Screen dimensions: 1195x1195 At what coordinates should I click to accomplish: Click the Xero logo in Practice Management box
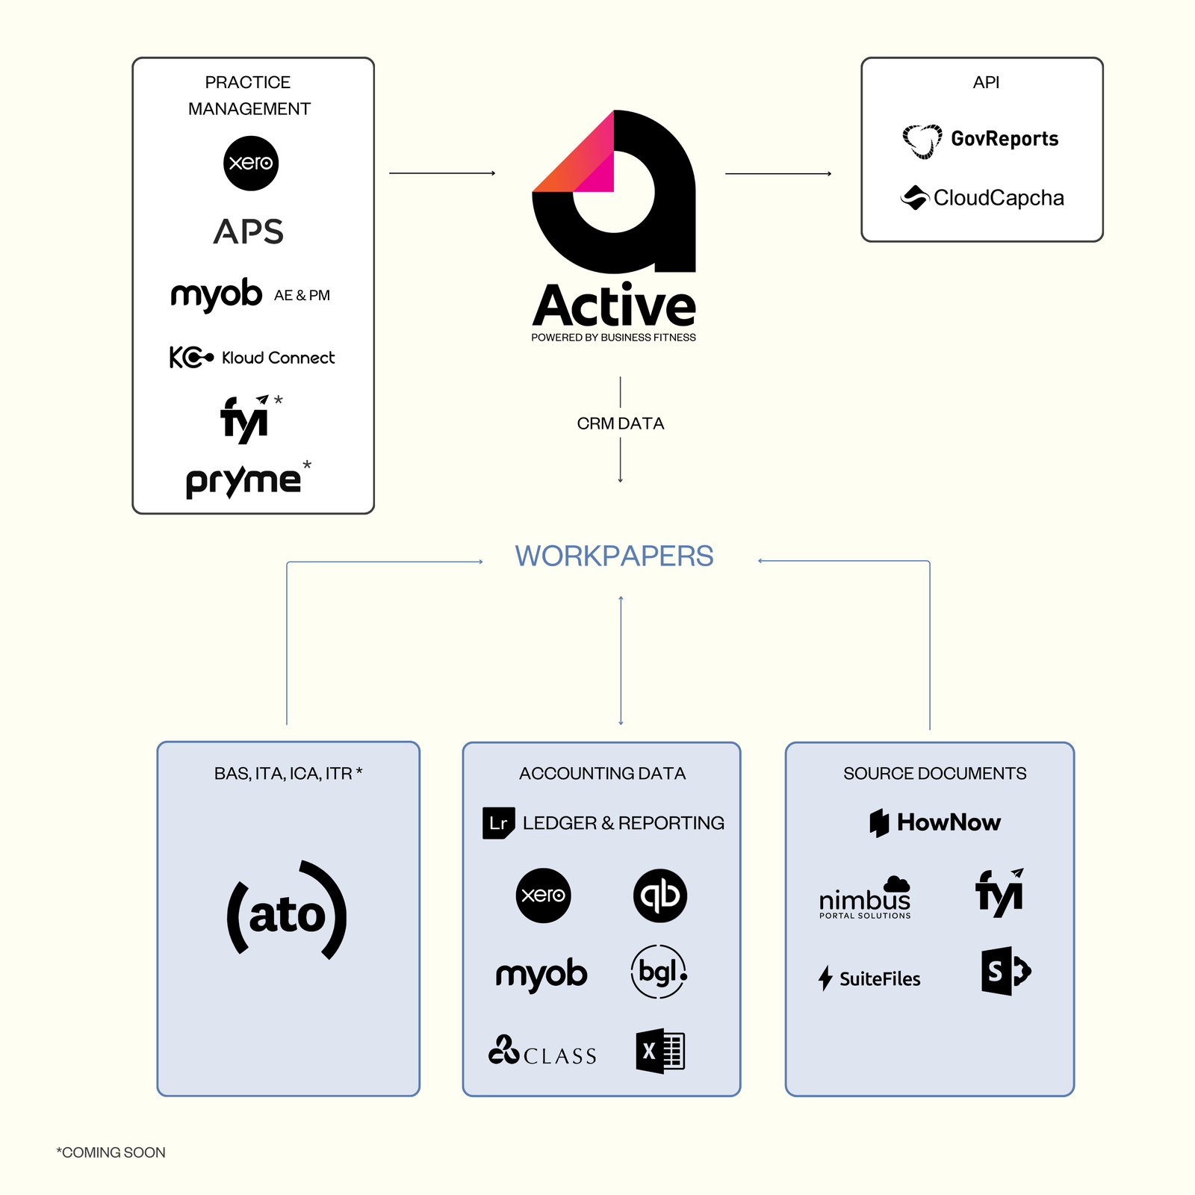[251, 163]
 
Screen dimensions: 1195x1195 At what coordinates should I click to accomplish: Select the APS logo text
[249, 232]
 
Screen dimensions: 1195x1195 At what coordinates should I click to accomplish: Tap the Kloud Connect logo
[252, 358]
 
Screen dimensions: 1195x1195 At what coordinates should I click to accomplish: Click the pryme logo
[244, 480]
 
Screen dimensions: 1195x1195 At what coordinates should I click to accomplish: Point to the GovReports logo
[981, 140]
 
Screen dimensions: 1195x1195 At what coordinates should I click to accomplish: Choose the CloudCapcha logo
[982, 198]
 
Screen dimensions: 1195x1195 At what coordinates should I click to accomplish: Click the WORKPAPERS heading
[614, 556]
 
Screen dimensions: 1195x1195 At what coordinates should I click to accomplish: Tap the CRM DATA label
[620, 423]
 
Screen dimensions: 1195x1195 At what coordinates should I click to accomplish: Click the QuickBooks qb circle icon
[660, 895]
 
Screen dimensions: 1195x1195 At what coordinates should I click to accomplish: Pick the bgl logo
[659, 972]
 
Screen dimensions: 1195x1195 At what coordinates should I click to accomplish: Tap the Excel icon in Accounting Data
[660, 1052]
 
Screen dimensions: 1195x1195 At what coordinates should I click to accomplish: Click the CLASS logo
[543, 1052]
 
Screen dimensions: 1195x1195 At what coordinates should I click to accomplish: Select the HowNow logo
[935, 822]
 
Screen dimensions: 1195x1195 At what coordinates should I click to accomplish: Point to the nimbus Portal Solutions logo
[865, 898]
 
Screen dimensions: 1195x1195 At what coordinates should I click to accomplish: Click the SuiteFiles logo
[869, 978]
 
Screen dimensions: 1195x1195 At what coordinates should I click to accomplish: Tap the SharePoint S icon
[1005, 971]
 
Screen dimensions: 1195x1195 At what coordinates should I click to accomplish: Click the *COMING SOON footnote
[111, 1152]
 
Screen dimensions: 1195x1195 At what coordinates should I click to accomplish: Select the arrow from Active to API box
[777, 173]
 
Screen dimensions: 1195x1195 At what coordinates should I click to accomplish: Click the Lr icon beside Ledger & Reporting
[498, 823]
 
